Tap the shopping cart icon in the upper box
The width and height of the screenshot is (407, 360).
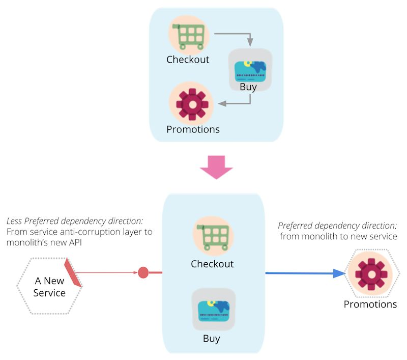tap(189, 36)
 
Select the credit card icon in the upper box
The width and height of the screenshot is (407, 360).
tap(250, 71)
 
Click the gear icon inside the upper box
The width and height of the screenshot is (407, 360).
tap(192, 104)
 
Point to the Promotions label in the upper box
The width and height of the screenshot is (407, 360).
tap(193, 129)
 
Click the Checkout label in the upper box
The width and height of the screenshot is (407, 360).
tap(188, 60)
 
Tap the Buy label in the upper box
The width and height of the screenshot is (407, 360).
tap(248, 87)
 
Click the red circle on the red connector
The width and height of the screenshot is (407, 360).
tap(143, 272)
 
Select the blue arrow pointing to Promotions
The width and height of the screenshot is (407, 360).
tap(305, 273)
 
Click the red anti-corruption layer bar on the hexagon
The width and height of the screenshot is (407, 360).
tap(73, 272)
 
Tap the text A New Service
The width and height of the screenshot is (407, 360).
tap(49, 287)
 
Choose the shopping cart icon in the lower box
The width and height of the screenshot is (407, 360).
tap(213, 237)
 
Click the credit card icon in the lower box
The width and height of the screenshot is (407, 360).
tap(214, 311)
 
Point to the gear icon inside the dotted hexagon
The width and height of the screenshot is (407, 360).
tap(371, 274)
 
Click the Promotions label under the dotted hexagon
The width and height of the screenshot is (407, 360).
tap(370, 304)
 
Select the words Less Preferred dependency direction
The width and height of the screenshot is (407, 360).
tap(75, 221)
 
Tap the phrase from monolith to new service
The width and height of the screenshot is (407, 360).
tap(338, 236)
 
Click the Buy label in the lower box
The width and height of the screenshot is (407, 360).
tap(211, 339)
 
